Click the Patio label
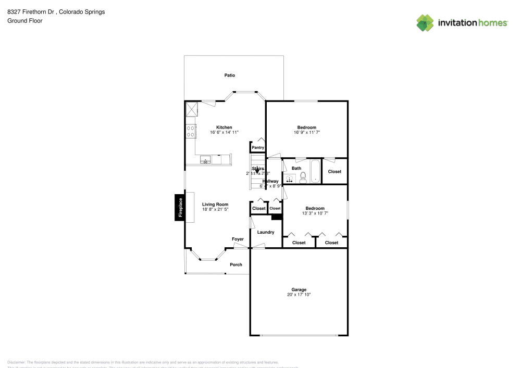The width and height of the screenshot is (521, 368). coord(229,75)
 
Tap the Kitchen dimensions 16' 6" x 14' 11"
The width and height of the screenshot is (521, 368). coord(224,133)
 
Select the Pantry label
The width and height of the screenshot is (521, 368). coord(258,148)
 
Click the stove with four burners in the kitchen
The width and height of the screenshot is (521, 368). coord(191,131)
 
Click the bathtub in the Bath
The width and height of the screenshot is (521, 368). coord(315,172)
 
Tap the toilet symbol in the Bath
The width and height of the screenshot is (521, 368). coord(303,176)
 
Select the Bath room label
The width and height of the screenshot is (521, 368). coord(296,168)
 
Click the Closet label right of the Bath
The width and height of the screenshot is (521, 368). coord(334,172)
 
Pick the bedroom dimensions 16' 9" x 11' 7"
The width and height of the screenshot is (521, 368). coord(307,133)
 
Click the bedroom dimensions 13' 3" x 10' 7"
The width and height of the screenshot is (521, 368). coord(315,213)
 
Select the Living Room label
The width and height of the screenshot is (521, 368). coord(215,205)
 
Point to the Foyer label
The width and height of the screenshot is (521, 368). coord(238,239)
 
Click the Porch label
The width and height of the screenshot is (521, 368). coord(236,264)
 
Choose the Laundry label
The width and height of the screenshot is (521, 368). coord(265,232)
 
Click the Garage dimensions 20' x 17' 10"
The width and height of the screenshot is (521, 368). coord(299,295)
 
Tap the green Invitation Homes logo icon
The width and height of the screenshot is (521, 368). coord(425,22)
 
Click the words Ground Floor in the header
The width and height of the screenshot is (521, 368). coord(24,21)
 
